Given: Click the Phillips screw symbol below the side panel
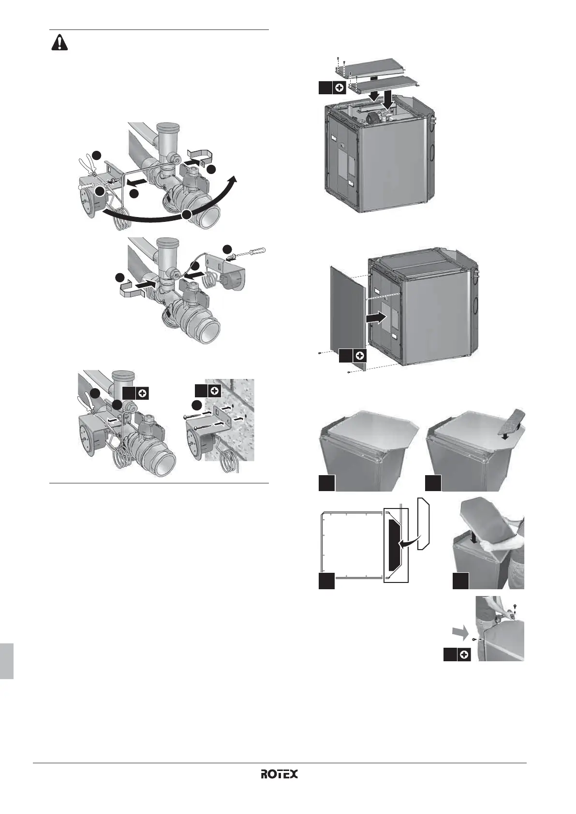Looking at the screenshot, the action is (359, 356).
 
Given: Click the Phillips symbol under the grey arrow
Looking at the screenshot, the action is (464, 655).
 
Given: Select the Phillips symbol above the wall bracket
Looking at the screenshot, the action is (214, 391).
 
